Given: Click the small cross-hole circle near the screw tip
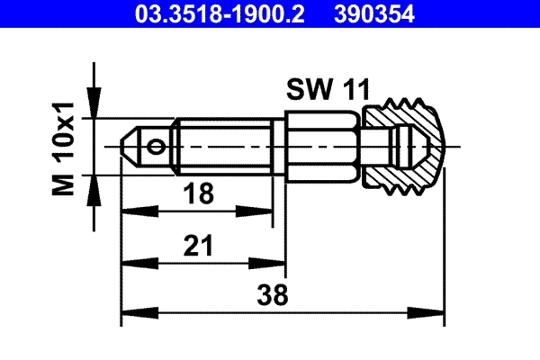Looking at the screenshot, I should pos(157,146).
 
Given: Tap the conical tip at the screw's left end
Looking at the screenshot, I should pos(130,146).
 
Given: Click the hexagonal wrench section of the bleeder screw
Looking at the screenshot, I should pos(324,145).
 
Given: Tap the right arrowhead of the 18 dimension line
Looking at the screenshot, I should pos(267,212).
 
